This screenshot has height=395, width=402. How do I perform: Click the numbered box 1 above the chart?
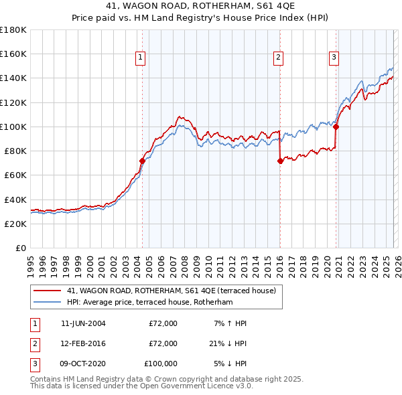tap(141, 58)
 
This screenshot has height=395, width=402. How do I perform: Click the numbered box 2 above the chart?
tap(277, 58)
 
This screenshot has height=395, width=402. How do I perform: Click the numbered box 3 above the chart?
tap(334, 58)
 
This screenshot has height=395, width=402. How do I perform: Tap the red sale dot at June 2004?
tap(142, 161)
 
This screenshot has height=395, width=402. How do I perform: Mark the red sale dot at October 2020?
tap(336, 127)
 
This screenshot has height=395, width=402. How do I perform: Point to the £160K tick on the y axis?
tap(13, 54)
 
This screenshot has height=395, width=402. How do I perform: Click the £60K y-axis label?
tap(15, 175)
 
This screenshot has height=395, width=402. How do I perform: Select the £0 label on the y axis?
tap(20, 248)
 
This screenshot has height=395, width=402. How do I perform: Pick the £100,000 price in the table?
tap(160, 364)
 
